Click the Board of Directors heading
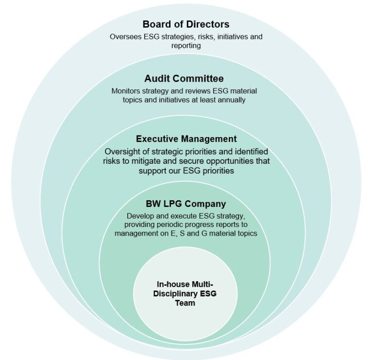(186, 24)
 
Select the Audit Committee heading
(184, 78)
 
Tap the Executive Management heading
(186, 139)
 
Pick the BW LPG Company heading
(186, 204)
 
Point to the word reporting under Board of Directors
(186, 45)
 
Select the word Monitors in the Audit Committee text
(127, 91)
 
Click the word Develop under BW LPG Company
(140, 216)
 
